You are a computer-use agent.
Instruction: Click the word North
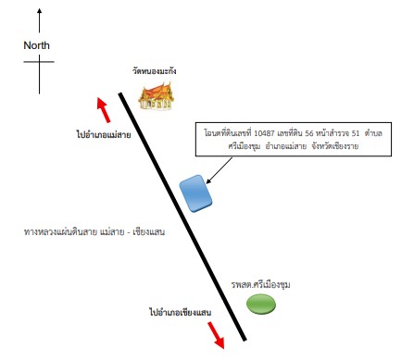(x=36, y=45)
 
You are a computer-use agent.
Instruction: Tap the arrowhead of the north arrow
(x=39, y=11)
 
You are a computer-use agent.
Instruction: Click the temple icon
(x=157, y=96)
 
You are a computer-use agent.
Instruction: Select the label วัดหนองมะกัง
(x=155, y=71)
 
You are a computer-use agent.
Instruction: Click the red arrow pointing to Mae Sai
(x=104, y=110)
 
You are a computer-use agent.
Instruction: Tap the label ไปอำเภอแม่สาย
(x=104, y=134)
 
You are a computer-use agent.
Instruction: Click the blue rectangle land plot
(x=195, y=193)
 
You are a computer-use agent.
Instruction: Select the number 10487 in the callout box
(x=264, y=133)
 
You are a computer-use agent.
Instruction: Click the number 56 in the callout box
(x=309, y=133)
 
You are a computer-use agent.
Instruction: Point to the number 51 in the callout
(x=356, y=133)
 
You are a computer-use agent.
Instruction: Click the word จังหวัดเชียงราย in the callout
(x=335, y=146)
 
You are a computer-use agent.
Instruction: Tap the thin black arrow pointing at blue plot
(x=219, y=170)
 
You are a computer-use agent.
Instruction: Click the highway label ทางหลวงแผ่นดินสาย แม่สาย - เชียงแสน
(x=94, y=231)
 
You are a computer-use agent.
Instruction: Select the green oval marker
(x=261, y=304)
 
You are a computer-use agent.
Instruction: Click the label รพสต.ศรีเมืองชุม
(x=260, y=284)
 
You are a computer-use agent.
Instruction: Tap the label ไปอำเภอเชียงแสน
(x=181, y=312)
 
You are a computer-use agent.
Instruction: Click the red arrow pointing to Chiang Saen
(x=216, y=335)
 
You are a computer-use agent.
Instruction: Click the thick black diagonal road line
(x=182, y=217)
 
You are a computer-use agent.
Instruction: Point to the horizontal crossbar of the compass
(x=39, y=62)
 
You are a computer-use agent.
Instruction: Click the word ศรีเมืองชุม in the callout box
(x=245, y=146)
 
